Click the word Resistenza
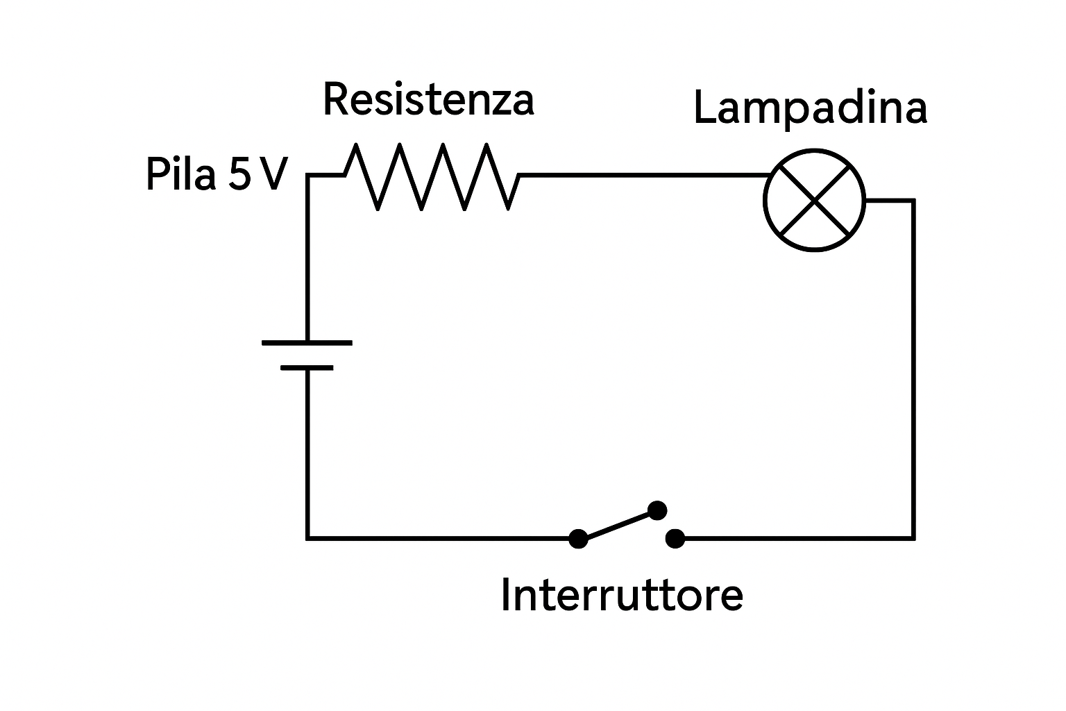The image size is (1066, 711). click(428, 100)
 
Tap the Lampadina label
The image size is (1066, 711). click(810, 109)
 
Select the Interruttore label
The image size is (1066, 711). click(621, 595)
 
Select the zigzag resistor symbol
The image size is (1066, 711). click(432, 176)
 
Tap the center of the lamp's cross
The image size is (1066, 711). click(814, 200)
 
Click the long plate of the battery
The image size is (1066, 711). click(307, 342)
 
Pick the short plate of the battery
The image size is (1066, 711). click(307, 367)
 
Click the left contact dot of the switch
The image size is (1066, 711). click(577, 538)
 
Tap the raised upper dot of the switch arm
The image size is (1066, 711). click(657, 511)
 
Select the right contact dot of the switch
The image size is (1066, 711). click(675, 538)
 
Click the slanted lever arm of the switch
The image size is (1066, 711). click(617, 525)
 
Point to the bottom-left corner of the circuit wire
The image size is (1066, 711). click(307, 538)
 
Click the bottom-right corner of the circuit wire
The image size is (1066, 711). click(913, 538)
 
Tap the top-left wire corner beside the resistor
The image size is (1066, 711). click(307, 176)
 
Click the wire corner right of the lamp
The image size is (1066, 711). click(913, 201)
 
